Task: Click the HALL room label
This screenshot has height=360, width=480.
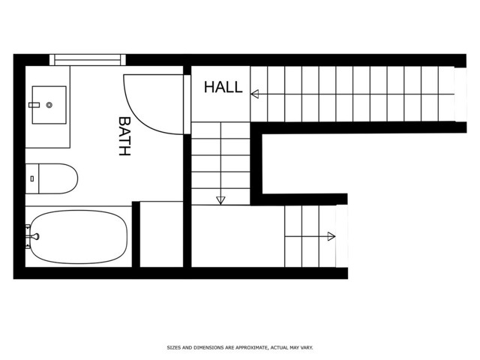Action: (223, 87)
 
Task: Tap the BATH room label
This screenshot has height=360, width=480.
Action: (124, 136)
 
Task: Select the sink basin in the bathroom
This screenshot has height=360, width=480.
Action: (49, 104)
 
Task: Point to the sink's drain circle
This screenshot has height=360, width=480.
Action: (49, 105)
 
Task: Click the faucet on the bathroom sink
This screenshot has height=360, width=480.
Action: (34, 105)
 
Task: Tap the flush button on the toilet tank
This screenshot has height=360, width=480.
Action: (31, 178)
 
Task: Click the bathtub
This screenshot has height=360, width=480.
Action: (78, 236)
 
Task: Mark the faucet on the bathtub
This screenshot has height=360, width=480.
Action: (32, 236)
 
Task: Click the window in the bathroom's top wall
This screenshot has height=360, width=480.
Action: (86, 59)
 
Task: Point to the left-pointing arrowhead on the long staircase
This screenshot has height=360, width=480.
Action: (255, 94)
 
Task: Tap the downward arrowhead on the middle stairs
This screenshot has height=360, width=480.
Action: (220, 200)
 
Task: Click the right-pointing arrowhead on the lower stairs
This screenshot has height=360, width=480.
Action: (331, 236)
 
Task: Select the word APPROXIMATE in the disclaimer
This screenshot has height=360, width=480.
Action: (244, 347)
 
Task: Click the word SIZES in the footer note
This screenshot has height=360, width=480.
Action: (173, 347)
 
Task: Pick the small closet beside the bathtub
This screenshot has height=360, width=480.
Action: (161, 233)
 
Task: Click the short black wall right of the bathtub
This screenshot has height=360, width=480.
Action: (136, 233)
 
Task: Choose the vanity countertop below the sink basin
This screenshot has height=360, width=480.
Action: (48, 135)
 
